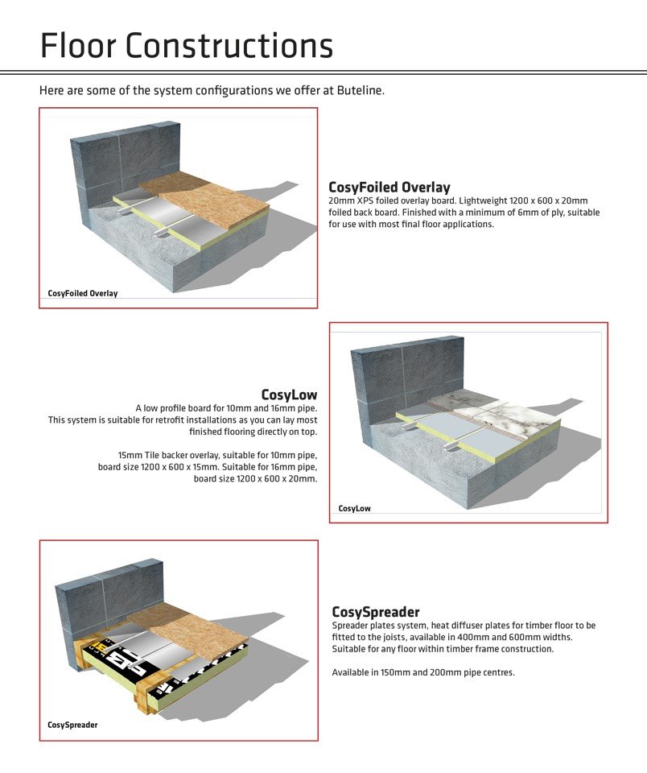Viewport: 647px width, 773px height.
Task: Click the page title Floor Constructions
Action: (x=186, y=46)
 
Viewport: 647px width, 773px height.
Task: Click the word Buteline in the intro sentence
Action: (x=360, y=90)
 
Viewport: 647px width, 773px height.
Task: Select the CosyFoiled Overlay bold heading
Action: (x=389, y=188)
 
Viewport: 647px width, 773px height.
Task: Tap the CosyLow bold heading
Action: (x=289, y=395)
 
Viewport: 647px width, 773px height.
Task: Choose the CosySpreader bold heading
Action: (x=375, y=612)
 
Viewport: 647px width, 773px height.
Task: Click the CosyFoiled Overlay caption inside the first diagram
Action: (x=83, y=293)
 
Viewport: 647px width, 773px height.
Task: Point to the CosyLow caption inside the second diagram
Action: (x=354, y=508)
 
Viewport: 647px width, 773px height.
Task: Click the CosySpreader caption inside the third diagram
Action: (x=72, y=725)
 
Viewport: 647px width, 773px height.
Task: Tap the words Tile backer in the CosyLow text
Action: (x=162, y=455)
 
